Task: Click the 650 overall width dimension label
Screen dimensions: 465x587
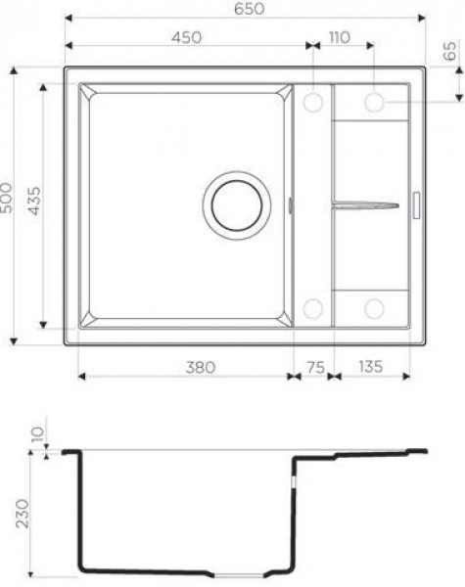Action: point(250,9)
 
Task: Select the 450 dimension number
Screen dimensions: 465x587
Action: point(187,37)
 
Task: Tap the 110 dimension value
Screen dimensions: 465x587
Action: point(340,37)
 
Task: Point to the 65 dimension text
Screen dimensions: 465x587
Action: point(449,51)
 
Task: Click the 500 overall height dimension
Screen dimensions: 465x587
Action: point(7,198)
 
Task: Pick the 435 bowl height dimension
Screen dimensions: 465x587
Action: point(34,201)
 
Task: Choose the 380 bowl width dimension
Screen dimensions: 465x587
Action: point(201,367)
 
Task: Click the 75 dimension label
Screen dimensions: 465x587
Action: point(315,367)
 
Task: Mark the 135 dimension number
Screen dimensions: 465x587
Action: point(371,367)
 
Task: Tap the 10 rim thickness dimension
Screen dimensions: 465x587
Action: point(37,433)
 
